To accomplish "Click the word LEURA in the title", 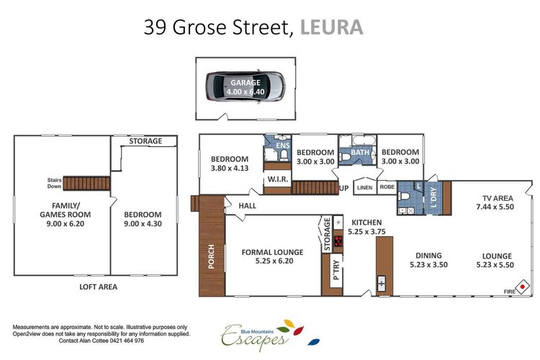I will click(331, 27).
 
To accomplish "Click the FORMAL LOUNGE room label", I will click(271, 252).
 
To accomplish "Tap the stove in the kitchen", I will click(338, 240).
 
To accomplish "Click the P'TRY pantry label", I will click(336, 274).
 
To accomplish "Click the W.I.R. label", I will click(277, 179).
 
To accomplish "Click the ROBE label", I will click(387, 187).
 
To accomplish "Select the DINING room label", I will click(428, 256).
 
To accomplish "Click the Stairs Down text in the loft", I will click(53, 184).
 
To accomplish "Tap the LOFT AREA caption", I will click(97, 287).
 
